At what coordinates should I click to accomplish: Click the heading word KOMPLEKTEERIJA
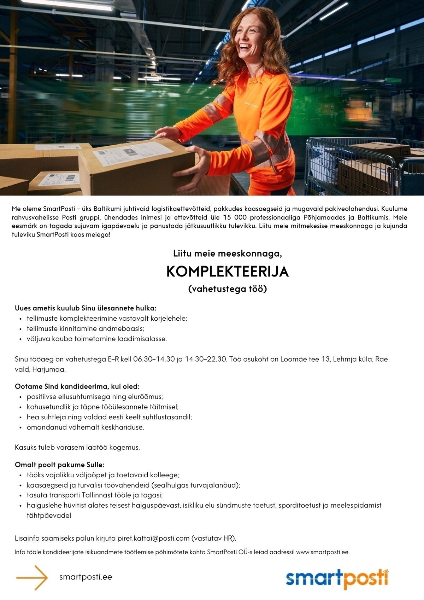tap(228, 272)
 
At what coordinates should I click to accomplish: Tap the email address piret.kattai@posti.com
tap(154, 538)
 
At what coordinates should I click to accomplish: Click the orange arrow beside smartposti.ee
tap(32, 577)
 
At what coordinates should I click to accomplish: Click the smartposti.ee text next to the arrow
tap(86, 577)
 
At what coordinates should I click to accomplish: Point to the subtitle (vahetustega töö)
tap(228, 289)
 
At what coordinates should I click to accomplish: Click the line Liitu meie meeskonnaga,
tap(228, 254)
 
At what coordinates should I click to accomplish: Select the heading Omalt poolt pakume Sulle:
tap(59, 465)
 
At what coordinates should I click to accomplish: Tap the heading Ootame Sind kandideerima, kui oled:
tap(77, 386)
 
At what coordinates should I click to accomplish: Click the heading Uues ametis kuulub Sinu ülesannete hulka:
tap(86, 308)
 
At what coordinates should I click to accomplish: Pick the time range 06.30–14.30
tap(153, 359)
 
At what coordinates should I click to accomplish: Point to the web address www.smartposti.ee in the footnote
tap(322, 552)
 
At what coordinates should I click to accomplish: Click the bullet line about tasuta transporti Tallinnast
tap(95, 495)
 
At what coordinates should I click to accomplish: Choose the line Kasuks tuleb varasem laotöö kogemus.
tap(77, 447)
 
